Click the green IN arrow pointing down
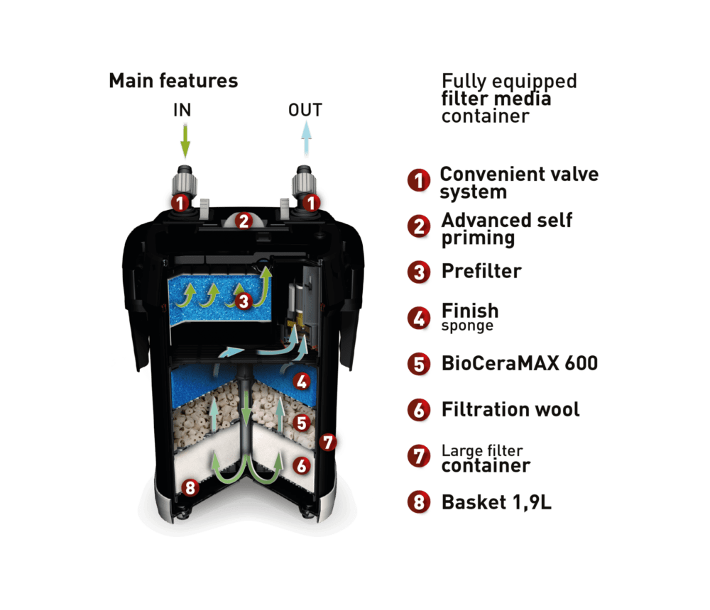(185, 141)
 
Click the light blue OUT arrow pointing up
(307, 139)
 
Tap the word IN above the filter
(182, 110)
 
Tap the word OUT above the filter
(305, 110)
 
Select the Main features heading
(173, 81)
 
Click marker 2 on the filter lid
(244, 221)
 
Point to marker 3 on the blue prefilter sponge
(244, 301)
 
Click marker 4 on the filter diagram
(302, 382)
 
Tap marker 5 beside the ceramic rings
(302, 423)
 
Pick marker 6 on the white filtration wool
(302, 465)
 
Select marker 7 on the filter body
(327, 442)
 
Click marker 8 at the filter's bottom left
(190, 487)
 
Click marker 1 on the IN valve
(180, 203)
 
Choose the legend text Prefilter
(481, 271)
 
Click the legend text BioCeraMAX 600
(520, 363)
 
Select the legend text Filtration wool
(510, 409)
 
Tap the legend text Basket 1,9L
(497, 502)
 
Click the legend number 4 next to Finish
(419, 318)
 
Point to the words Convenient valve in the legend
(520, 174)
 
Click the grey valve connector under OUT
(303, 183)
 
